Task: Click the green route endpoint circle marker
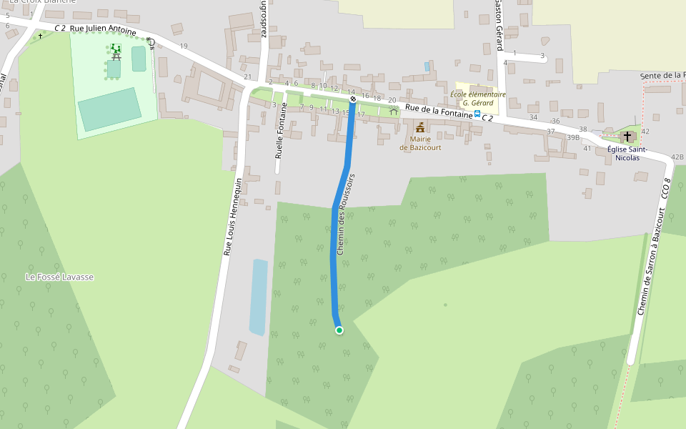[339, 330]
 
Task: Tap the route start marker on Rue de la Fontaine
[352, 99]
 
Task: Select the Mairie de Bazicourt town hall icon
[420, 128]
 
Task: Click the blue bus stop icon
[477, 114]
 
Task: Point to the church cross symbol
[627, 136]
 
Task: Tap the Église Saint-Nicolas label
[627, 153]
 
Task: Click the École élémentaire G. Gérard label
[478, 98]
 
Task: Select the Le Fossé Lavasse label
[59, 277]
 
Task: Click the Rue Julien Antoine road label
[103, 31]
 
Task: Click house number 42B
[677, 157]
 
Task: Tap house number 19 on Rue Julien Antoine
[184, 46]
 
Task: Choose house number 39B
[572, 137]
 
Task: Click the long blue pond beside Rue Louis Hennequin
[259, 297]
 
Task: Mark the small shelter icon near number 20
[393, 112]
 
